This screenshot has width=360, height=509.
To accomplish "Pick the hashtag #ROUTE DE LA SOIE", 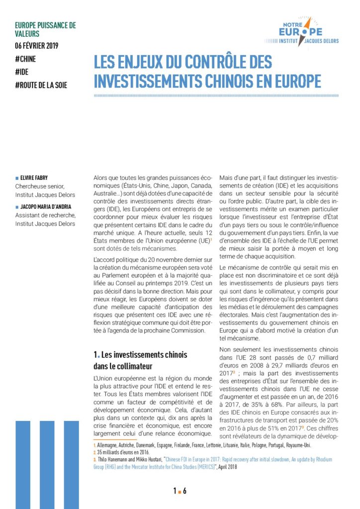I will point(41,85).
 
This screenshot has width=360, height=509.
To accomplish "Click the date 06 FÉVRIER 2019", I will point(37,46).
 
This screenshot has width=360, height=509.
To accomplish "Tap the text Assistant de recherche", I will point(45,215).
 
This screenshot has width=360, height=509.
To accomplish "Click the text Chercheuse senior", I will point(41,186).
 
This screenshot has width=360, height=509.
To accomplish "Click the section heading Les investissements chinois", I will point(141,355).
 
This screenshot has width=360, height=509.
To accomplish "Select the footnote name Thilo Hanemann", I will point(113,460).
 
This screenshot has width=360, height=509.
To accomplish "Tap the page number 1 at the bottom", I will point(175,491).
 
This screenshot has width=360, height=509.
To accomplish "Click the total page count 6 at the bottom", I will point(185,491).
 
